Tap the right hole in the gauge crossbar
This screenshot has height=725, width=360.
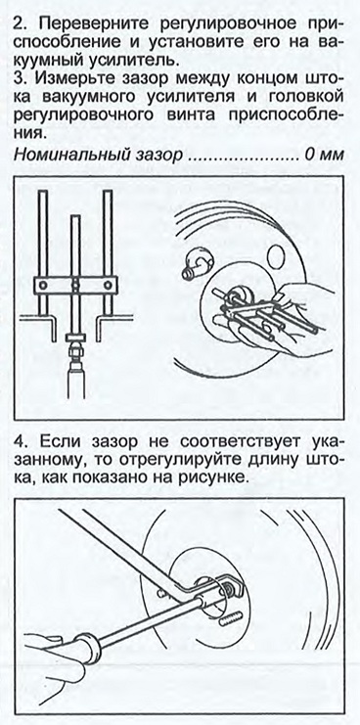point(108,284)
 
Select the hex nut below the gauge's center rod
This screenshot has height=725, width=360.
point(75,349)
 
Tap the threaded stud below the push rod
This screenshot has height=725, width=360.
point(231,620)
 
